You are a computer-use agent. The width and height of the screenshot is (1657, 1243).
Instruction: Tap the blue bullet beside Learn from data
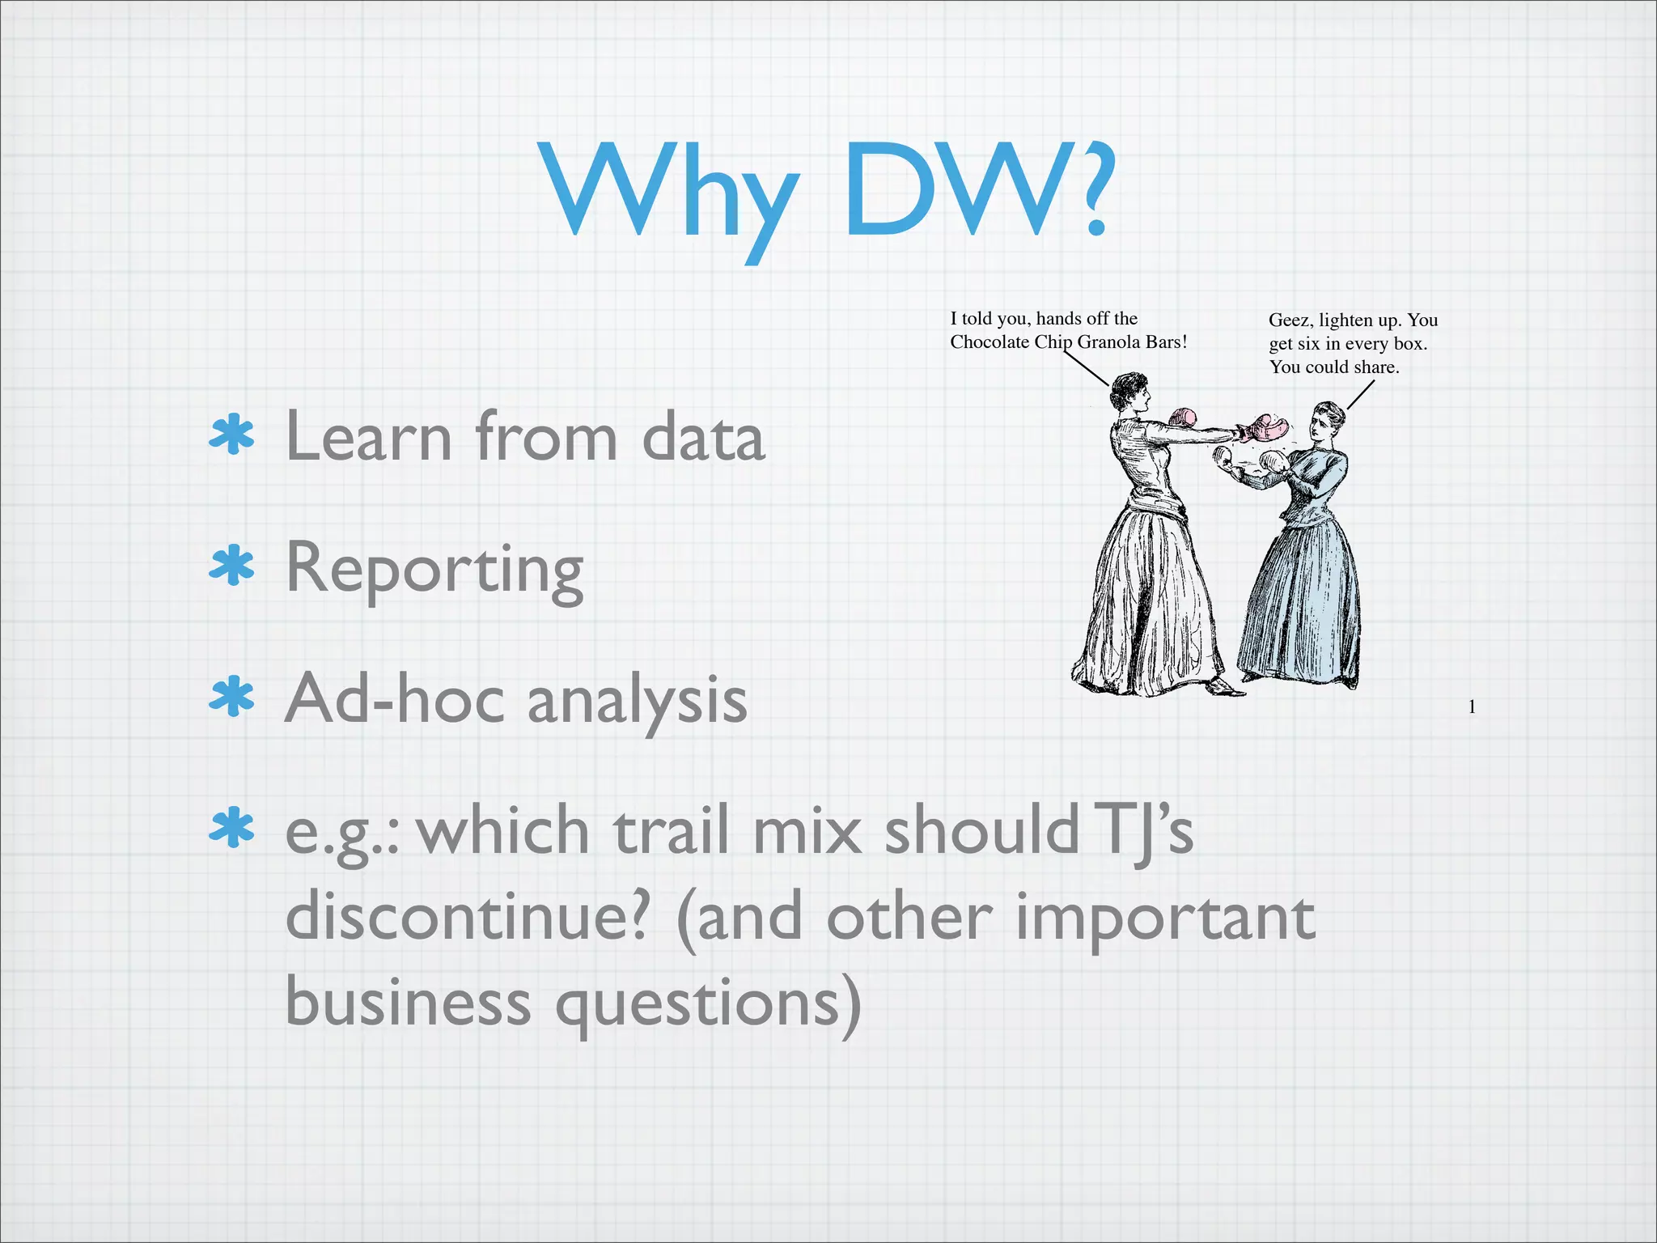tap(231, 436)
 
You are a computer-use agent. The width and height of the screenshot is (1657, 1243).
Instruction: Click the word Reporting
tap(434, 570)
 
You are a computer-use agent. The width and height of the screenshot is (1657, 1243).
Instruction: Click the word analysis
tap(637, 701)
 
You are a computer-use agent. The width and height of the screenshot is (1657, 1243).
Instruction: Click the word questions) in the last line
tap(708, 1003)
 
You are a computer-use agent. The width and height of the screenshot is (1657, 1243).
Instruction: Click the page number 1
tap(1472, 707)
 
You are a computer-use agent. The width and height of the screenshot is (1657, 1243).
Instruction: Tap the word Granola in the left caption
tap(1109, 342)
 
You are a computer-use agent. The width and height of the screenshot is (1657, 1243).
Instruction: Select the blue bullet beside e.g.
tap(231, 828)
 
